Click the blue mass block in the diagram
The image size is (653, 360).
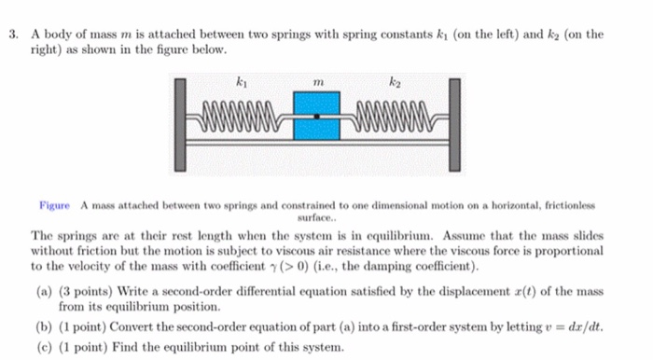point(316,116)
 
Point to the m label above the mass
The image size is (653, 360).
point(317,83)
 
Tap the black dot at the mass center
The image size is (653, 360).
point(317,117)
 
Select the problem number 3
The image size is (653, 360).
point(14,34)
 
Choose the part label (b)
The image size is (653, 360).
point(43,327)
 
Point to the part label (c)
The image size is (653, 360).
point(43,348)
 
